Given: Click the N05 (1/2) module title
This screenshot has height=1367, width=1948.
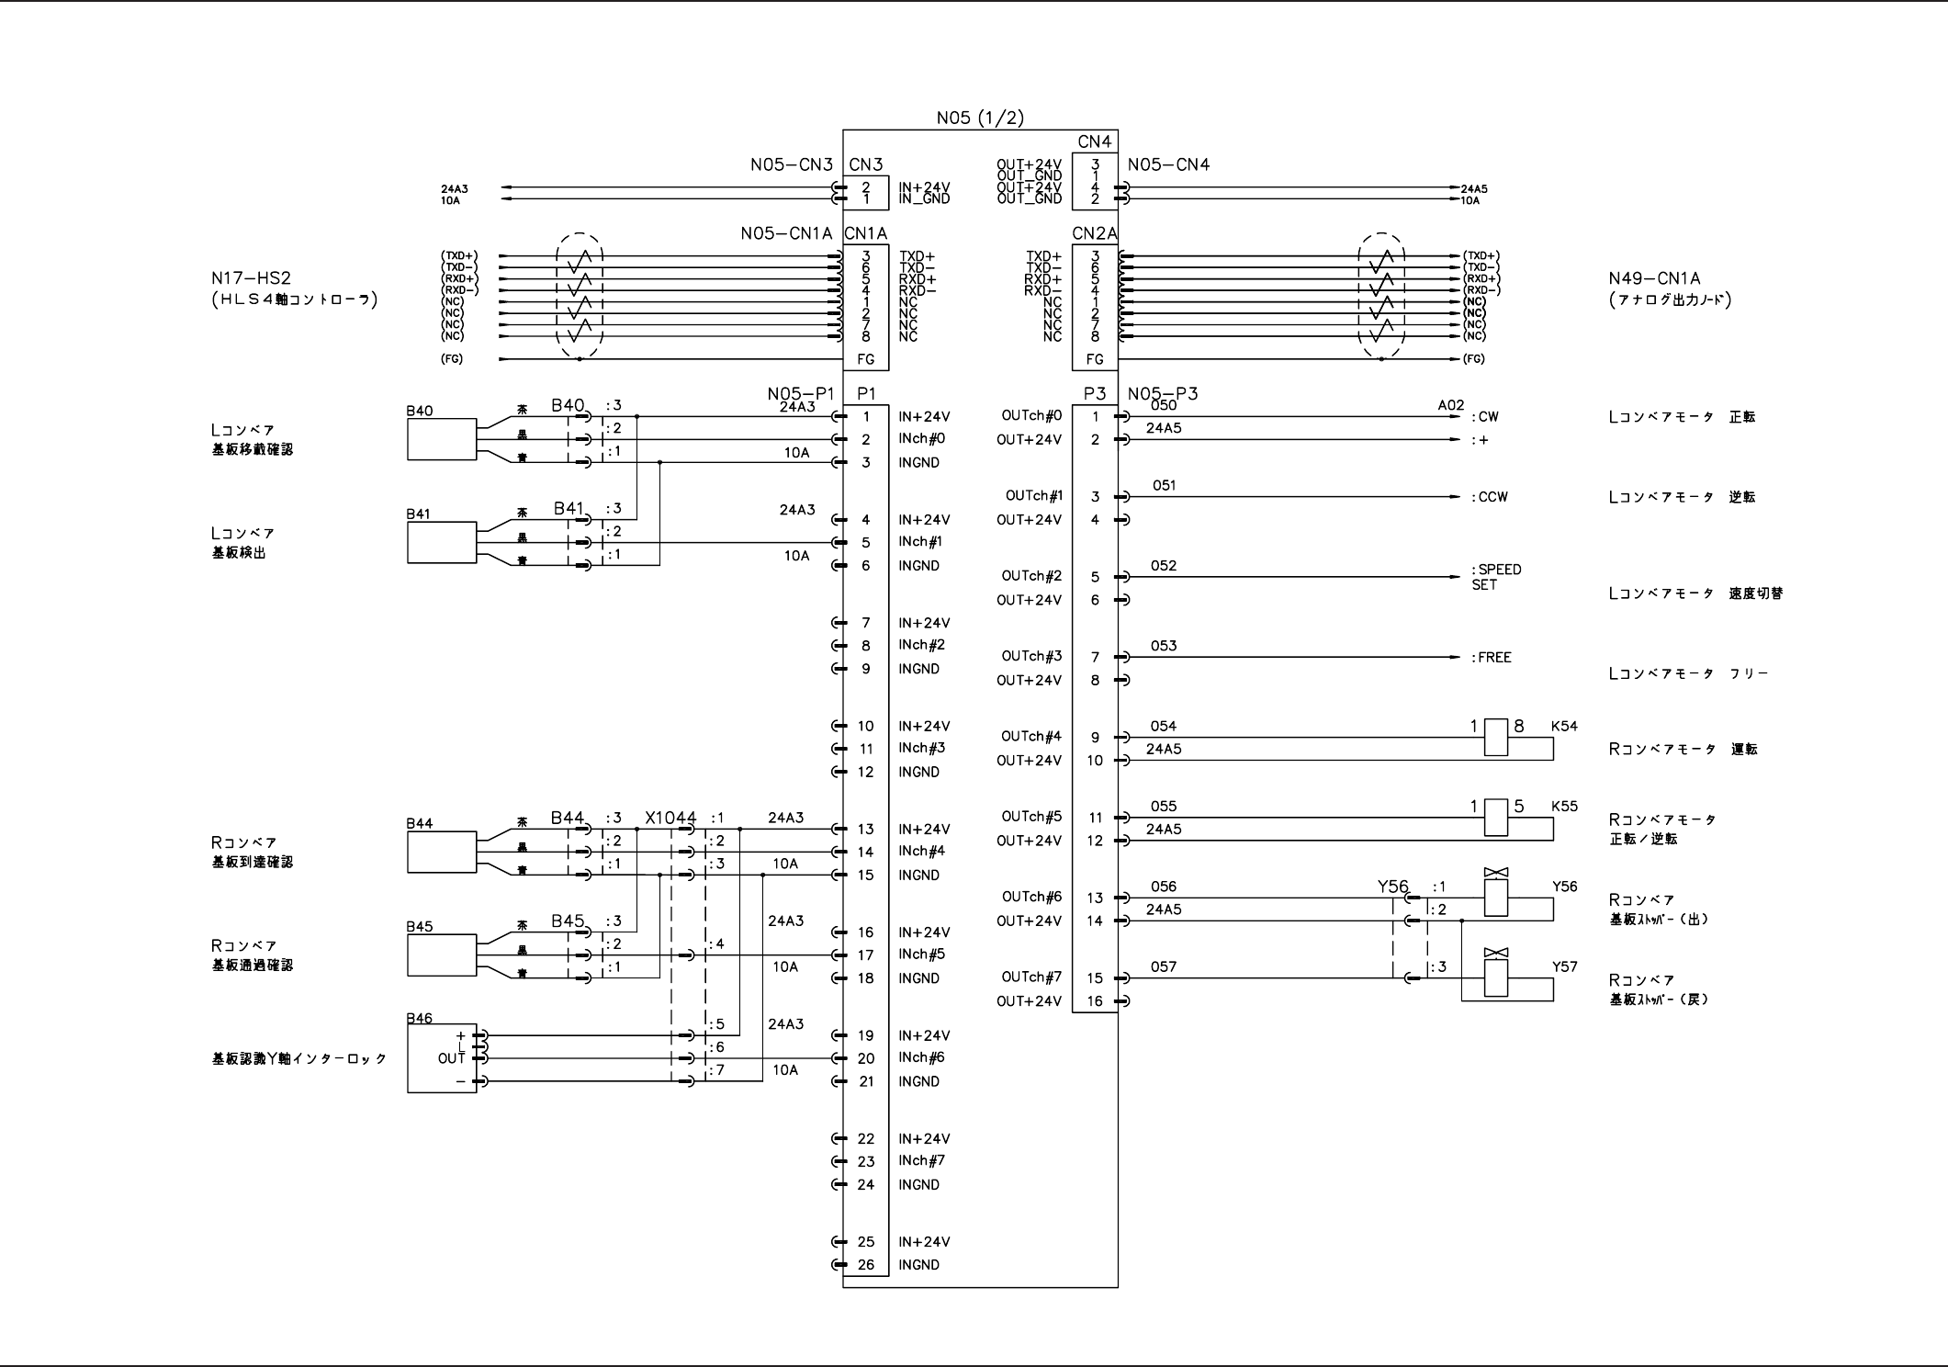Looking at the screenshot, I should (x=979, y=118).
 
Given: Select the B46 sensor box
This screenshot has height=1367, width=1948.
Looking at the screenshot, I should (x=442, y=1058).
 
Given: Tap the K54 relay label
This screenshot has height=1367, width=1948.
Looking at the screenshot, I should (x=1564, y=727).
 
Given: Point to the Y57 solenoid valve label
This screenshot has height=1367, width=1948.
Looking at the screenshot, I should (x=1564, y=966).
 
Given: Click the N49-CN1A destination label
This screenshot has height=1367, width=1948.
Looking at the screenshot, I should (x=1654, y=278).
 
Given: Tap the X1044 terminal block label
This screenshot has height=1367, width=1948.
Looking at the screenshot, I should (x=670, y=818).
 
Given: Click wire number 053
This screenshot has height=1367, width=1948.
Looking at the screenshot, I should (x=1164, y=646).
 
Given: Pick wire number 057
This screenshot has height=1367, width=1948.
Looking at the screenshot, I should (x=1164, y=966).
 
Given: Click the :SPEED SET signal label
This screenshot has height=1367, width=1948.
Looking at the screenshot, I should (x=1496, y=577).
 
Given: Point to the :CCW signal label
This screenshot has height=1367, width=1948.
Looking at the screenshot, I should (x=1490, y=497).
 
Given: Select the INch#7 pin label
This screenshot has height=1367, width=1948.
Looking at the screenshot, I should (x=921, y=1160).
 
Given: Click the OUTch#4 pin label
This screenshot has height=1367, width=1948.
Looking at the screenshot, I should (x=1031, y=736).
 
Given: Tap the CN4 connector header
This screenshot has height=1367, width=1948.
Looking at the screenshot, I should (x=1095, y=141).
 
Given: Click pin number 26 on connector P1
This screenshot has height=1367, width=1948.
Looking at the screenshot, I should (x=865, y=1265).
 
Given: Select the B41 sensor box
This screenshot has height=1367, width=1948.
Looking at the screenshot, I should (x=442, y=543).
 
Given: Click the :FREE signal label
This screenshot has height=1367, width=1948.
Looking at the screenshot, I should (x=1492, y=658).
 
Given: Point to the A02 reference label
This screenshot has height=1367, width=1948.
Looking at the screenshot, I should (x=1451, y=405).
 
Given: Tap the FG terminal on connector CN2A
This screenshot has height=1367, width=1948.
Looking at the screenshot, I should (x=1095, y=359).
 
